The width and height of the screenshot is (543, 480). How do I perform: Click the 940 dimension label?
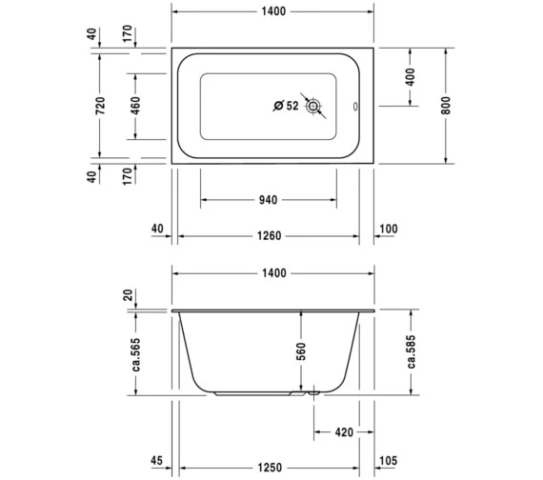tap(268, 200)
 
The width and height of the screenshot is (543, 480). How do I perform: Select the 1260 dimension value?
tap(271, 229)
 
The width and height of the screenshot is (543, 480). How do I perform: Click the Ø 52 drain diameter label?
tap(286, 106)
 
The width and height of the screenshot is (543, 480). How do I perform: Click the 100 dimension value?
tap(389, 229)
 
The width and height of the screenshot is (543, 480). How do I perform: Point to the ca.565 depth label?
tap(137, 353)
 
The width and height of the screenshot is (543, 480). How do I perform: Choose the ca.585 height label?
tap(412, 353)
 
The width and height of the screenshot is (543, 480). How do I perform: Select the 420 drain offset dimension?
tap(344, 432)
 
